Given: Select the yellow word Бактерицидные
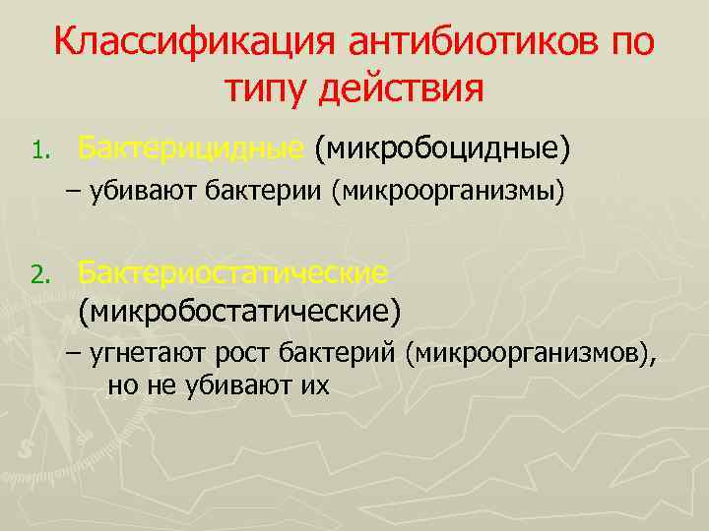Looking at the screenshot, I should pyautogui.click(x=190, y=149).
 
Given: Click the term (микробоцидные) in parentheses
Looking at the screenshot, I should pyautogui.click(x=441, y=149).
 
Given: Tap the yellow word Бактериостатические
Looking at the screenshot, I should pyautogui.click(x=232, y=270).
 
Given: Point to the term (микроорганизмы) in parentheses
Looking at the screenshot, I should pyautogui.click(x=448, y=193).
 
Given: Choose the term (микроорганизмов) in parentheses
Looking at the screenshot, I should pyautogui.click(x=529, y=354).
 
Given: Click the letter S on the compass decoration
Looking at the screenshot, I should pyautogui.click(x=26, y=445).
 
